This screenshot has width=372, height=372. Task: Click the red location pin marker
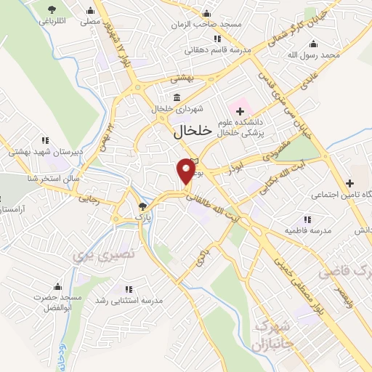(187, 171)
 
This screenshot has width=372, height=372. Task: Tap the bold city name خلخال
(193, 132)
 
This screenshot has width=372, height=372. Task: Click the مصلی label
(90, 22)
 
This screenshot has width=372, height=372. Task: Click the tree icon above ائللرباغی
(52, 9)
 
